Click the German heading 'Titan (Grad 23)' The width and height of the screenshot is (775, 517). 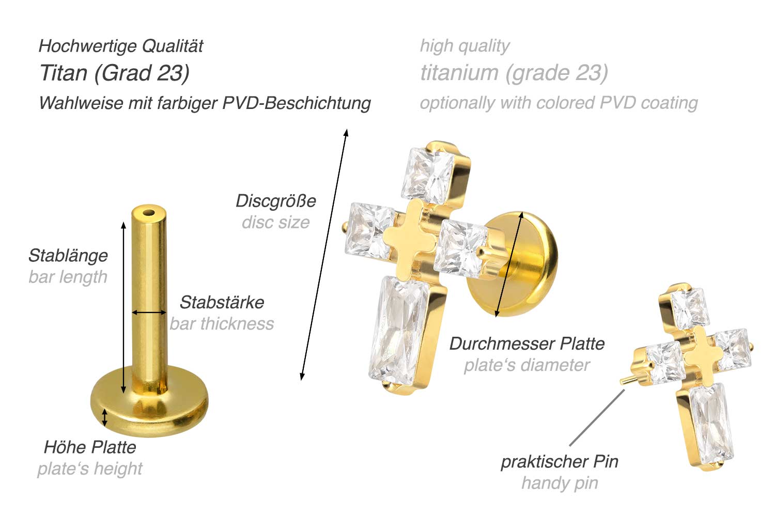[x=115, y=73]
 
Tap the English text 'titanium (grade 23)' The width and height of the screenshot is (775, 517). [x=514, y=73]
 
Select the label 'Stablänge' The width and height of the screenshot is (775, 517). [x=68, y=256]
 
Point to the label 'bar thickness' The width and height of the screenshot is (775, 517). [x=222, y=324]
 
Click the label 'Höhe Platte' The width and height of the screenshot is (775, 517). [x=90, y=447]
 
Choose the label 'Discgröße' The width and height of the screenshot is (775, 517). [x=276, y=201]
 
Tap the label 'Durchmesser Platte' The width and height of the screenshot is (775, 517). [x=527, y=344]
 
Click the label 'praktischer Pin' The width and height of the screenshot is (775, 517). [x=560, y=462]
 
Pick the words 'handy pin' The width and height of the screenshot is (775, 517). [x=560, y=483]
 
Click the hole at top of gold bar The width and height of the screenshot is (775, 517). [x=149, y=213]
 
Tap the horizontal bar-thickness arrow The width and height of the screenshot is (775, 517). [x=149, y=312]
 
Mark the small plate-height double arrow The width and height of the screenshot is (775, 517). [x=105, y=418]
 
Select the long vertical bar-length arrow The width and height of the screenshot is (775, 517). [x=123, y=308]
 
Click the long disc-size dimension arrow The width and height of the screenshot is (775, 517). [x=324, y=255]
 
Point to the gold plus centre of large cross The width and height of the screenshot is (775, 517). [x=409, y=240]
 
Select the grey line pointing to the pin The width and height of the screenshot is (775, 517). [x=597, y=418]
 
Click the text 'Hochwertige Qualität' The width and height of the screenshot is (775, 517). [x=121, y=46]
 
